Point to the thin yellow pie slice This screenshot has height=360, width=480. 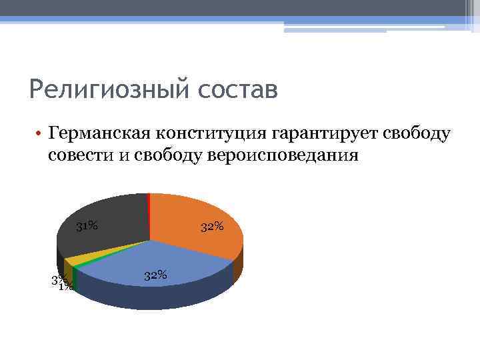[77, 259]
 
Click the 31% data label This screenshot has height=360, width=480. [87, 226]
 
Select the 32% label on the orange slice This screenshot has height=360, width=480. [212, 227]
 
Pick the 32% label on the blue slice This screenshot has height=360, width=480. [155, 275]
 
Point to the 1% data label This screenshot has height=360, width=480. [65, 287]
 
